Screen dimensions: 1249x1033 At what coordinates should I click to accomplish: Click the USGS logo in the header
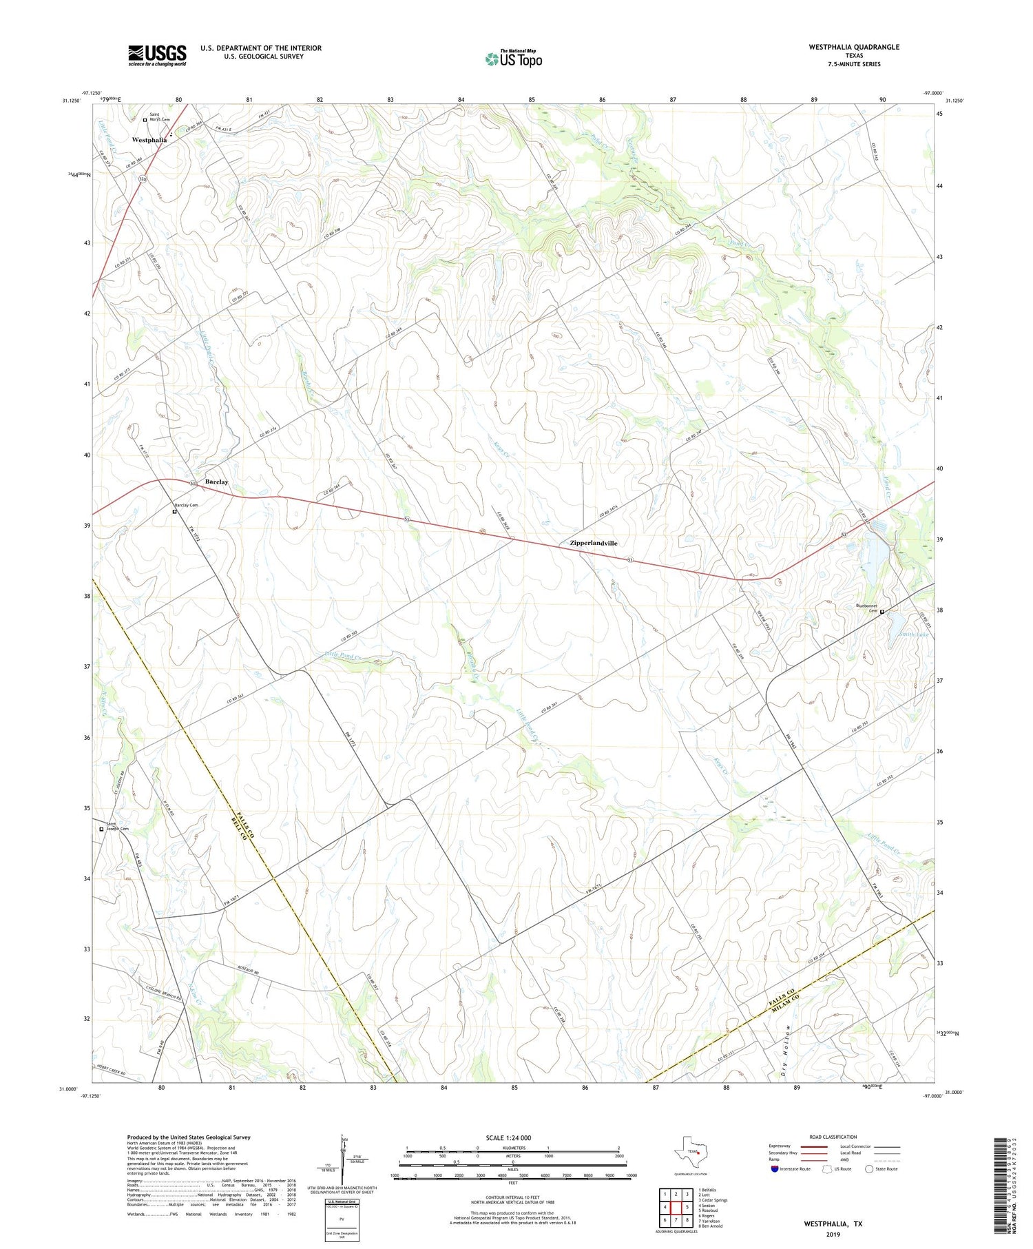tap(157, 55)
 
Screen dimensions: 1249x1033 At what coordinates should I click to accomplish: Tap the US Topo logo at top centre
tap(514, 59)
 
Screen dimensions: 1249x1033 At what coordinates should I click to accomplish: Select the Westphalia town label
tap(149, 140)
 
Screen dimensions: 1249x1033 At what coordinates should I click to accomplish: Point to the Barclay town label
tap(216, 482)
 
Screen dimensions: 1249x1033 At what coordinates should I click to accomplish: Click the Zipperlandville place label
tap(594, 543)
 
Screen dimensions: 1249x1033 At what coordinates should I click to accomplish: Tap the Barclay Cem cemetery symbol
tap(175, 512)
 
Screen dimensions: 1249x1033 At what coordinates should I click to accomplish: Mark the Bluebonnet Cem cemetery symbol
tap(882, 611)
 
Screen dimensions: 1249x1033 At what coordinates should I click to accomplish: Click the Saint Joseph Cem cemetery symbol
tap(101, 829)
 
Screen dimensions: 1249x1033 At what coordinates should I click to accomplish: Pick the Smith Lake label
tap(912, 634)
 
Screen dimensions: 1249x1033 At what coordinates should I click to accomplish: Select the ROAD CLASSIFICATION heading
tap(833, 1137)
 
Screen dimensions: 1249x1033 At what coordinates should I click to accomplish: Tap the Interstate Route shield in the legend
tap(774, 1169)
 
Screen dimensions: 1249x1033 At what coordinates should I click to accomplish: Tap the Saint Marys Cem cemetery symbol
tap(145, 120)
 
